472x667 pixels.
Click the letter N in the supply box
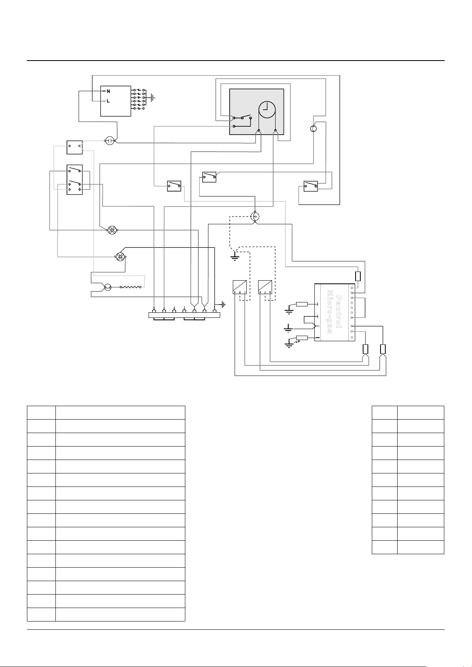[x=108, y=91]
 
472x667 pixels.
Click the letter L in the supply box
[x=108, y=101]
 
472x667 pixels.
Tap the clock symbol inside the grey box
[x=267, y=110]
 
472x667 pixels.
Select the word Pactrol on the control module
[x=338, y=312]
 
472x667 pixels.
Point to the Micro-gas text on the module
[x=330, y=312]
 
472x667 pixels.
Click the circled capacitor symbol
[x=110, y=141]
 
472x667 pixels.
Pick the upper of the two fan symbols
[x=112, y=230]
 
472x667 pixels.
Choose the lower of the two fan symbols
[x=120, y=257]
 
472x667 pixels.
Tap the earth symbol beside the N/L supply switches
[x=153, y=97]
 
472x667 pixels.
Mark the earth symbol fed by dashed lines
[x=235, y=257]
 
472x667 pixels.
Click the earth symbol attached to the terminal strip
[x=222, y=305]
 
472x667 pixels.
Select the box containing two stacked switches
[x=74, y=180]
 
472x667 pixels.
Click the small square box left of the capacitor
[x=74, y=147]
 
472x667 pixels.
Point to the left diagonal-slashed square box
[x=240, y=287]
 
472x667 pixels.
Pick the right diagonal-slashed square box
[x=265, y=287]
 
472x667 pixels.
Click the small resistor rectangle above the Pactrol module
[x=358, y=276]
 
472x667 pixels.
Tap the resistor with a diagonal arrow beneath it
[x=302, y=338]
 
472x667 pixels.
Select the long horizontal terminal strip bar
[x=185, y=315]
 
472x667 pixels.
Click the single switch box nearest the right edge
[x=310, y=186]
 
